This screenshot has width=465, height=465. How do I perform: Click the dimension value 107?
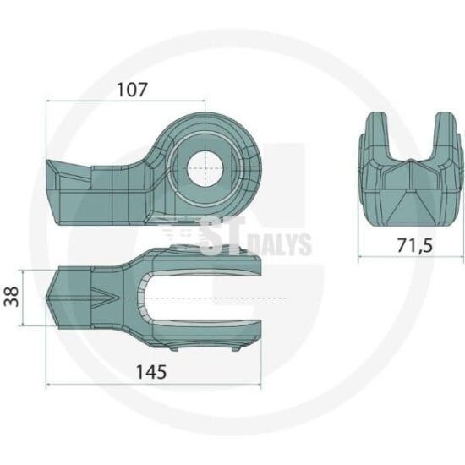click(132, 90)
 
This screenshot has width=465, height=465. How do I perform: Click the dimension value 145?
click(151, 372)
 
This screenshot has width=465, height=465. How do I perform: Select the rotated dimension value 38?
click(12, 297)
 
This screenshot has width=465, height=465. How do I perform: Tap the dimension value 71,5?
click(414, 245)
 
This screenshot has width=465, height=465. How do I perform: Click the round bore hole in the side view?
click(205, 168)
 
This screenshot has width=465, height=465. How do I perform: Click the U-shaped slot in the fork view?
click(200, 298)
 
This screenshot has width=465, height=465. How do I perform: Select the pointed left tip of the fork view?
click(46, 298)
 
